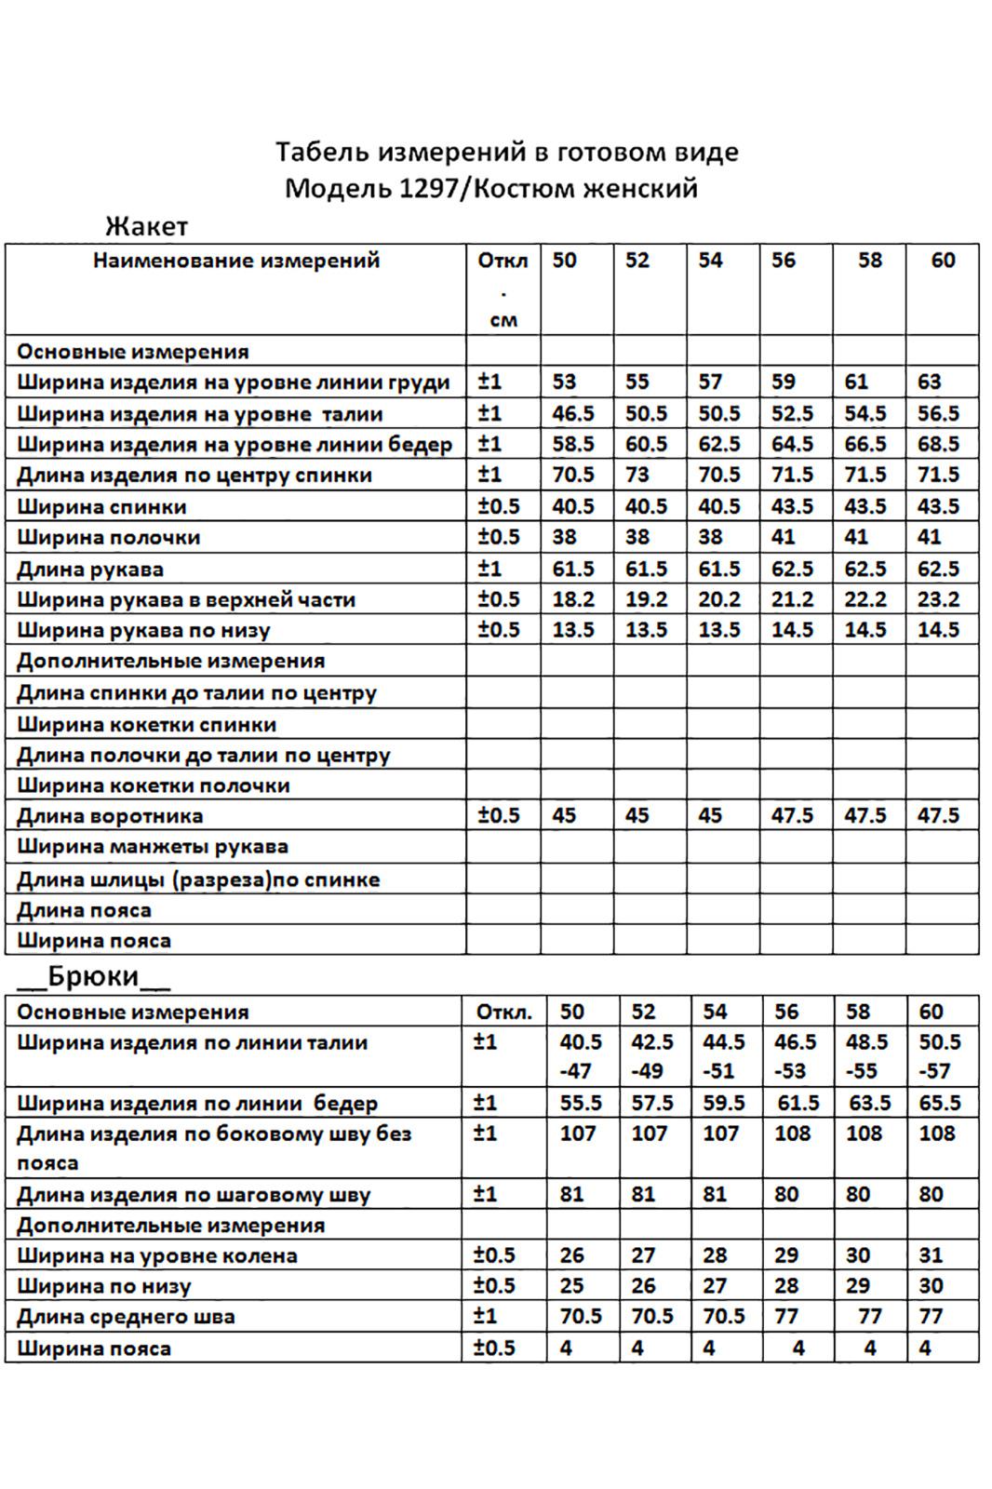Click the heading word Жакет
click(x=147, y=226)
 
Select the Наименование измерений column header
click(x=236, y=261)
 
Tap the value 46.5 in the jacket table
click(x=572, y=414)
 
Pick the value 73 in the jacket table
click(x=637, y=476)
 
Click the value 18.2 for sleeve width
click(x=572, y=600)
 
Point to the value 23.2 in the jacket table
click(x=938, y=600)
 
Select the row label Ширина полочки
click(x=108, y=538)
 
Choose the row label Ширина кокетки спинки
click(x=146, y=725)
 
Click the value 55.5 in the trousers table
click(x=581, y=1104)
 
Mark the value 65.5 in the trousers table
click(x=939, y=1104)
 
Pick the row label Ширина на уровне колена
click(x=156, y=1256)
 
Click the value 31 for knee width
click(x=932, y=1256)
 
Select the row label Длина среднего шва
click(x=126, y=1318)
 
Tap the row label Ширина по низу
click(x=103, y=1287)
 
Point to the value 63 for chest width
click(x=929, y=382)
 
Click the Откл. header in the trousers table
click(x=503, y=1013)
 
